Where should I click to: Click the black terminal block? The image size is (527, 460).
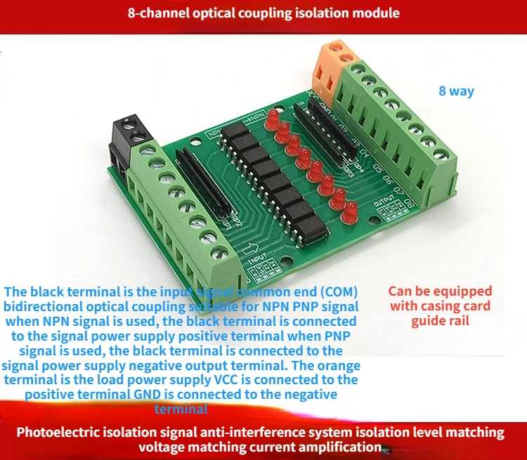pos(129,139)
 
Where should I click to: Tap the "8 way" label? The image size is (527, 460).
pos(456,91)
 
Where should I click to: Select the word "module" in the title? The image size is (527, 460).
pos(377,13)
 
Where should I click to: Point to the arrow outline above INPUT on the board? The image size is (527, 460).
pos(258,248)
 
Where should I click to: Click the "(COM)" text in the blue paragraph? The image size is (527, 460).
pos(334,291)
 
